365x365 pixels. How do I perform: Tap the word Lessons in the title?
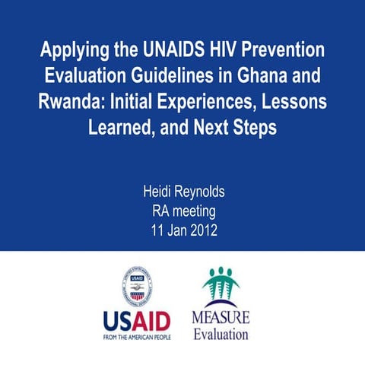coord(290,102)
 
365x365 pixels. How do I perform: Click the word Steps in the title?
coord(254,128)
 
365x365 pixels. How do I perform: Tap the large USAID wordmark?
coord(137,319)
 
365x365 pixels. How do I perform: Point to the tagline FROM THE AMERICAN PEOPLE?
coord(137,335)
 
